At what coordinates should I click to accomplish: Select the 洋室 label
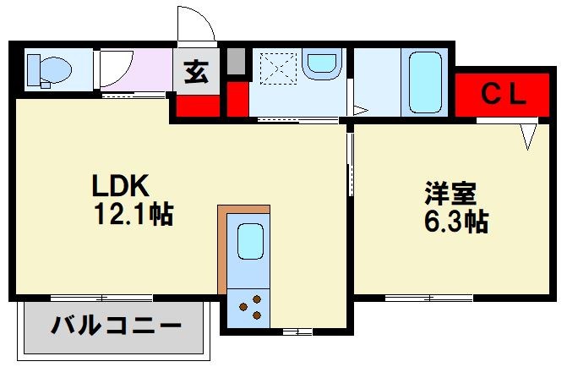(x=450, y=194)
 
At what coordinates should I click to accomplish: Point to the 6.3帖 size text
(x=455, y=222)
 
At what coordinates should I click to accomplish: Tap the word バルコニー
(x=116, y=326)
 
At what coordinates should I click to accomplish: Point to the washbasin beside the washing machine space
(x=321, y=64)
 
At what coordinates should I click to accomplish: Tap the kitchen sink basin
(x=250, y=241)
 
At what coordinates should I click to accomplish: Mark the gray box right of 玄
(x=236, y=61)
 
